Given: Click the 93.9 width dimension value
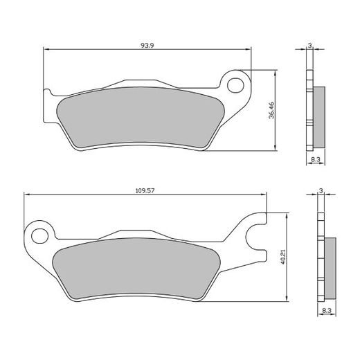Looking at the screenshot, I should (x=146, y=45).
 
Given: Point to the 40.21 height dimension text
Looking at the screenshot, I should (x=282, y=257).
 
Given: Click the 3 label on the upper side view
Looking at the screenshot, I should (x=311, y=45).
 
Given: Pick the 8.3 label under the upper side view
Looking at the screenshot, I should (x=315, y=160).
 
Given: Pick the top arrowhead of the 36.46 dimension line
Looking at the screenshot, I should (x=276, y=72).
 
